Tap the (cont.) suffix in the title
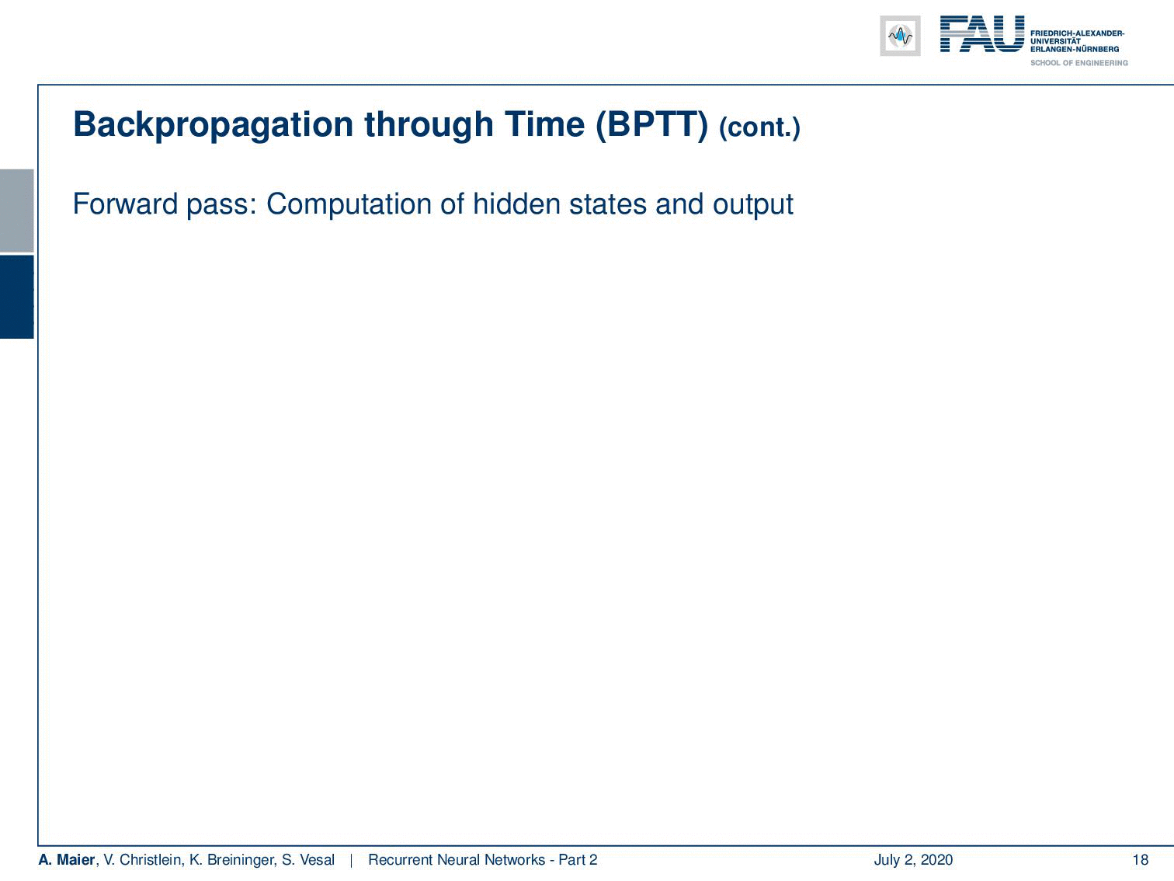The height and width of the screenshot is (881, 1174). tap(759, 128)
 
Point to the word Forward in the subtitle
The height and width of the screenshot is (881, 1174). tap(125, 204)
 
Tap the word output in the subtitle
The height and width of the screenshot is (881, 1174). tap(753, 205)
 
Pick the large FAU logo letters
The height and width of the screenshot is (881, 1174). tap(982, 34)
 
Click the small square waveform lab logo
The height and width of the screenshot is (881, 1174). tap(900, 36)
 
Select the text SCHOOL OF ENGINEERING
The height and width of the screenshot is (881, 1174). tap(1078, 63)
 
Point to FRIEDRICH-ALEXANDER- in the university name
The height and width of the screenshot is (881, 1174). tap(1077, 33)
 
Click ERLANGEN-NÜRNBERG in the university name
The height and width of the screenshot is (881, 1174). tap(1075, 49)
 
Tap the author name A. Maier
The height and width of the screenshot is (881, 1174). tap(66, 859)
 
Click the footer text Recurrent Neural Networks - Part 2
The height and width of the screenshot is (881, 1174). tap(482, 859)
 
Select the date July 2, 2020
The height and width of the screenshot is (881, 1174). tap(913, 860)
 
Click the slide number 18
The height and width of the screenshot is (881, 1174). tap(1140, 859)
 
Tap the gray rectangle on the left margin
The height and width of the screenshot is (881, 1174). tap(16, 211)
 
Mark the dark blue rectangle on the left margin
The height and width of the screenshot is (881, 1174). tap(16, 297)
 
